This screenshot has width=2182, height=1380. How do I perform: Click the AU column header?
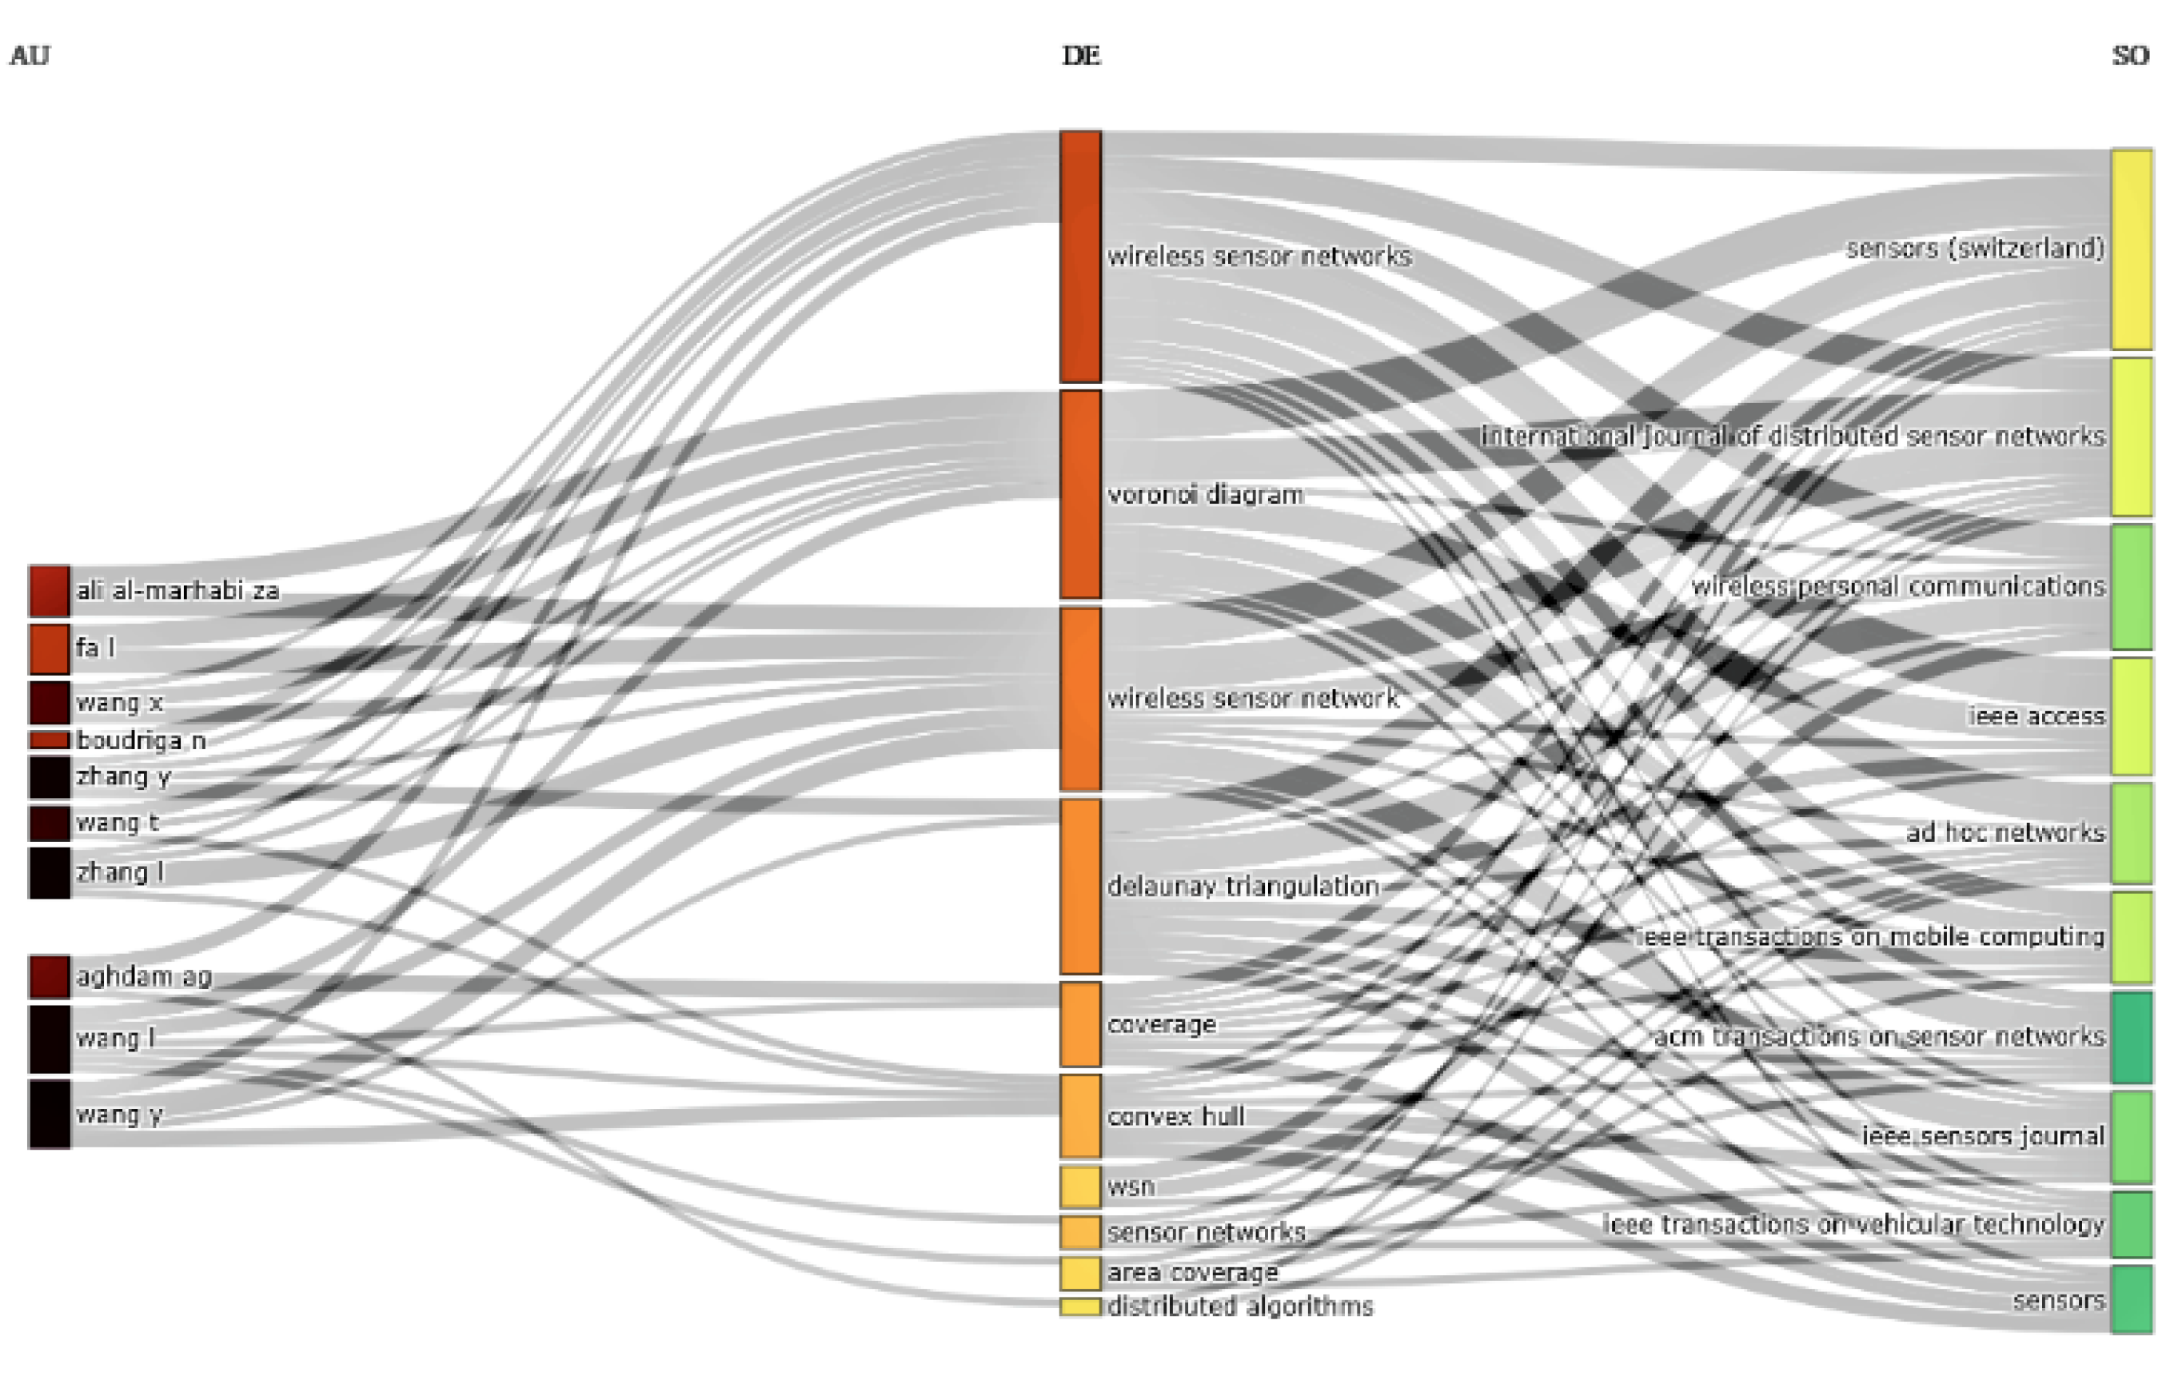coord(29,56)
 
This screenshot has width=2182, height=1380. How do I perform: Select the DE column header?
coord(1081,56)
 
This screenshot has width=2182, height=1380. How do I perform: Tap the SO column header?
coord(2130,56)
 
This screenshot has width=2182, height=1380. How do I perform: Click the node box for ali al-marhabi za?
coord(49,591)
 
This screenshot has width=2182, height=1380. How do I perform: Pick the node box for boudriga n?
coord(49,740)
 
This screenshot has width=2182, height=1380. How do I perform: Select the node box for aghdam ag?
coord(49,977)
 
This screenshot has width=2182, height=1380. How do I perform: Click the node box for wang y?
coord(49,1114)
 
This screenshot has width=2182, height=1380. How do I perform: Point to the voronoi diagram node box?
coord(1081,495)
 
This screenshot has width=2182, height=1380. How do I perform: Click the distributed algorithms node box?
coord(1081,1306)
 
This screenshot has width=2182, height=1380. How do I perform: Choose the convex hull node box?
coord(1081,1116)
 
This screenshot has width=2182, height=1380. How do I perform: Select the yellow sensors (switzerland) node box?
coord(2132,249)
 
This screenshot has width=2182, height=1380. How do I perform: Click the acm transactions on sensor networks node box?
coord(2132,1038)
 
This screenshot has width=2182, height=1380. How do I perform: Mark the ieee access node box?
coord(2132,716)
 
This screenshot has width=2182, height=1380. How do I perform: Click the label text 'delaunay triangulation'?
coord(1243,886)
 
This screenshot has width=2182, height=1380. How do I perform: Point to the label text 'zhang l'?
coord(120,872)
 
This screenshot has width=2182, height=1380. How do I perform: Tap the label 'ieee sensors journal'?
coord(1983,1136)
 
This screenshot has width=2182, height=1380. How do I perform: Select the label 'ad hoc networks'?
coord(2005,832)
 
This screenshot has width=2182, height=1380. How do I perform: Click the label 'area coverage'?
coord(1192,1273)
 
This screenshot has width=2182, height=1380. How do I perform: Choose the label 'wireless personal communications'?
coord(1898,587)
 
